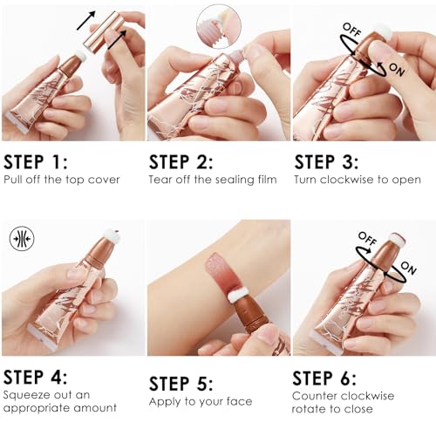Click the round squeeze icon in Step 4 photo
(x=22, y=239)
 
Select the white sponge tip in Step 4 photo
(x=112, y=236)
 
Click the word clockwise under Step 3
(x=343, y=181)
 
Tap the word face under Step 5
(x=235, y=402)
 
